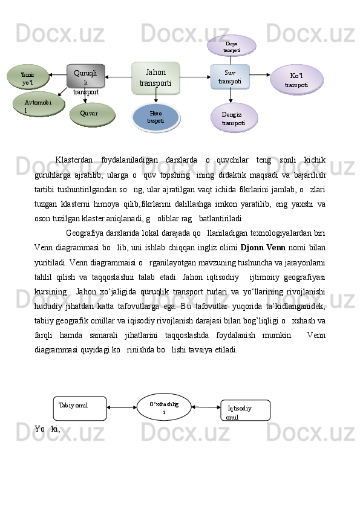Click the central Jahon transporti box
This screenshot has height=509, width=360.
click(x=155, y=78)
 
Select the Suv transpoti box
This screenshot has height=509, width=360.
click(x=230, y=77)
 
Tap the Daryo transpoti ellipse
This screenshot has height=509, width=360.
click(x=231, y=46)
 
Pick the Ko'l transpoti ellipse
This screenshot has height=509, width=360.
click(x=296, y=80)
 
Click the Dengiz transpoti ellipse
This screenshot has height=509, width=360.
click(x=234, y=118)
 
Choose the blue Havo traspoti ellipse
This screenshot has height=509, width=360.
click(x=155, y=117)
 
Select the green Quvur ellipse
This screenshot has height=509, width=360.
click(x=91, y=114)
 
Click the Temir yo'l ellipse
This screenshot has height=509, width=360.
click(x=27, y=77)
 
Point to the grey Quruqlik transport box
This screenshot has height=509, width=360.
click(x=85, y=77)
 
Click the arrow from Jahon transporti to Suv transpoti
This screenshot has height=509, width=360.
click(x=194, y=77)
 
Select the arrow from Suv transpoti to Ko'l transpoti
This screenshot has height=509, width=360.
click(x=260, y=76)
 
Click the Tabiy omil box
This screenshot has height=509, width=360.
click(x=79, y=408)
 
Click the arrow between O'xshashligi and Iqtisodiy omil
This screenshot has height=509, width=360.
click(x=206, y=408)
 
